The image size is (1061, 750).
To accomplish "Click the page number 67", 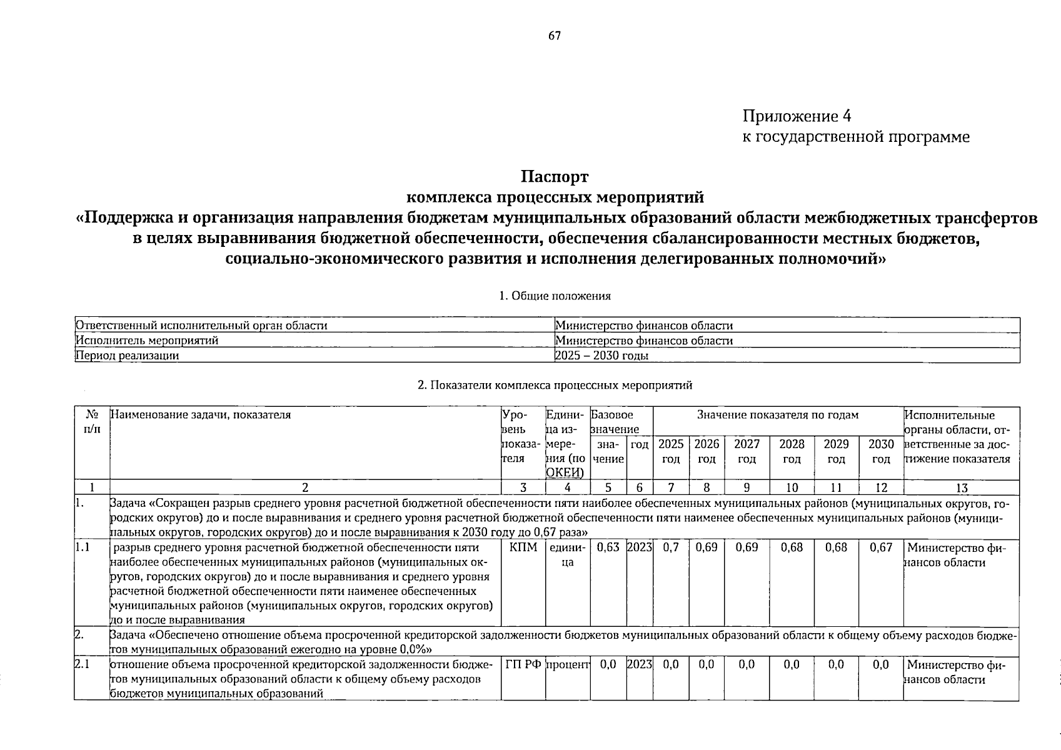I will coord(555,36).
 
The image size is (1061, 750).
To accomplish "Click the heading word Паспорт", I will coord(555,177).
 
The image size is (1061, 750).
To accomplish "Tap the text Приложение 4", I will coord(797,116).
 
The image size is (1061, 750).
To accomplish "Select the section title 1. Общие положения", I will coord(555,296).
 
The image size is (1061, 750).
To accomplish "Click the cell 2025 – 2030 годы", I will coord(601,356).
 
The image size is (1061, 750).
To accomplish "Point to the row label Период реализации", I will coord(127,356).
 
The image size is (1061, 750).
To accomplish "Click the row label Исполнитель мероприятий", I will coord(146,341).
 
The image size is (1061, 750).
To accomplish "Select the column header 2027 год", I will coord(747,451).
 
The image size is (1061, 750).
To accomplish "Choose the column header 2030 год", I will coord(881,451).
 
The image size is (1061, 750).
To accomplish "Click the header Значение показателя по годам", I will coord(778,415).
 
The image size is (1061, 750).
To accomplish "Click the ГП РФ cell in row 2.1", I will coord(523,665).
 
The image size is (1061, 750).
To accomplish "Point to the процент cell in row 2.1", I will coord(568,665).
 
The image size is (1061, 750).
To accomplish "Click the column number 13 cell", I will coord(961,488).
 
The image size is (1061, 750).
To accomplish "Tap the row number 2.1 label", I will coord(82,665).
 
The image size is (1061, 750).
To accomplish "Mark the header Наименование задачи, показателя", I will coord(201,414).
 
